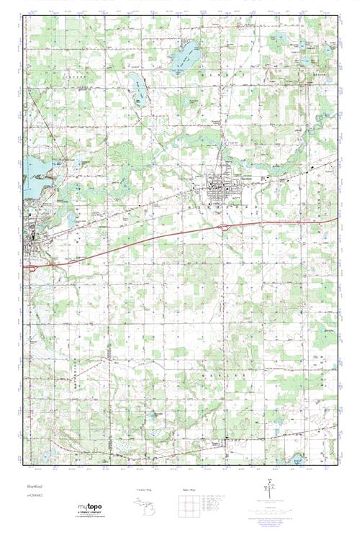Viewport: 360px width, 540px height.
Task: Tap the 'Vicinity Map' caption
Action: (145, 490)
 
